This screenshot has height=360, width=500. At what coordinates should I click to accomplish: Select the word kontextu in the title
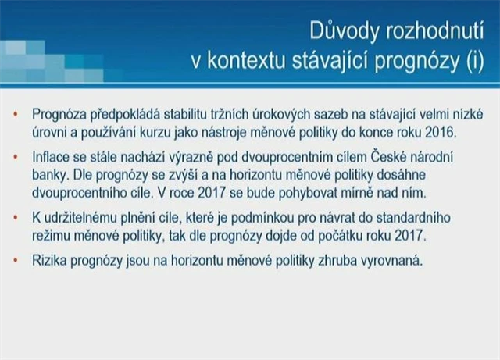246,61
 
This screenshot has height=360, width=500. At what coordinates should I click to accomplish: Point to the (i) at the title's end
475,61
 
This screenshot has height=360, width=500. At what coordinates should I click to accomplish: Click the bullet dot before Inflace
16,157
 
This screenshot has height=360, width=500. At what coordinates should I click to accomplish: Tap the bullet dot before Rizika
16,260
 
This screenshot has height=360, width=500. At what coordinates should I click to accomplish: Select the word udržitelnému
80,217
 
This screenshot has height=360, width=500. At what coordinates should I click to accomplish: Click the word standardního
413,217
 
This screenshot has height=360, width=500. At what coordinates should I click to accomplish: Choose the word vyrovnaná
391,261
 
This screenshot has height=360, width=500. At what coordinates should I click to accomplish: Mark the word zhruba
337,261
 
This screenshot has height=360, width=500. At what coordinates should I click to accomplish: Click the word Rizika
49,261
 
